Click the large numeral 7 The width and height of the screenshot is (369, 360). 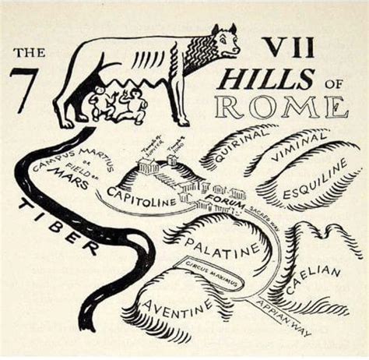[24, 90]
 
